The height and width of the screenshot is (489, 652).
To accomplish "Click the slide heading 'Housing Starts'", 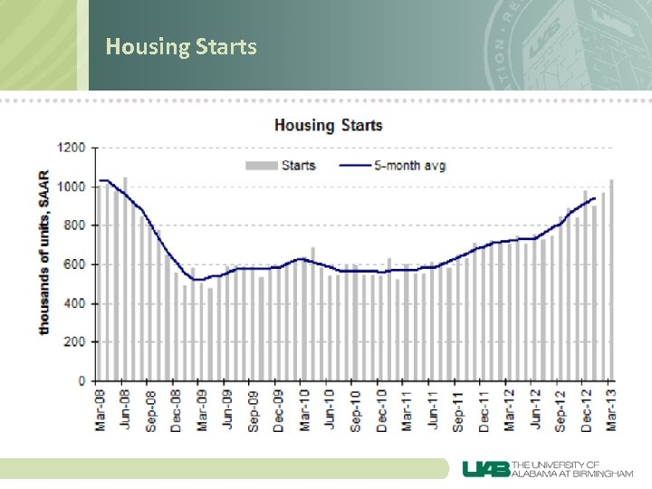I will (181, 46).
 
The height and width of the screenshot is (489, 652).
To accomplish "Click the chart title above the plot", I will (329, 126).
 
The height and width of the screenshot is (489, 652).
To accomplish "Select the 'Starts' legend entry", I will (287, 165).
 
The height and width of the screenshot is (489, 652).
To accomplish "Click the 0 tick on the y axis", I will (81, 381).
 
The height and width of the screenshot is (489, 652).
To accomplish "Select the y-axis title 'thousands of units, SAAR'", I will (44, 252).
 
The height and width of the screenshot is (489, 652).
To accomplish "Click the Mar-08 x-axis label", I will (101, 407).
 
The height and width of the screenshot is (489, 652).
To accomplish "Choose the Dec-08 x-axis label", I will (177, 407).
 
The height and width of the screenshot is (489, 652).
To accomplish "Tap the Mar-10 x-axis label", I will (305, 407).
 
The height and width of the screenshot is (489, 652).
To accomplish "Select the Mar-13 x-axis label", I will (611, 407).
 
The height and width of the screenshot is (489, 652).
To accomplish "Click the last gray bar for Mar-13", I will (611, 280).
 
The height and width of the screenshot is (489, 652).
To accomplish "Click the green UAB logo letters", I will (487, 468).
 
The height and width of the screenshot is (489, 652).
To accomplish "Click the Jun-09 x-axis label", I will (228, 407).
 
